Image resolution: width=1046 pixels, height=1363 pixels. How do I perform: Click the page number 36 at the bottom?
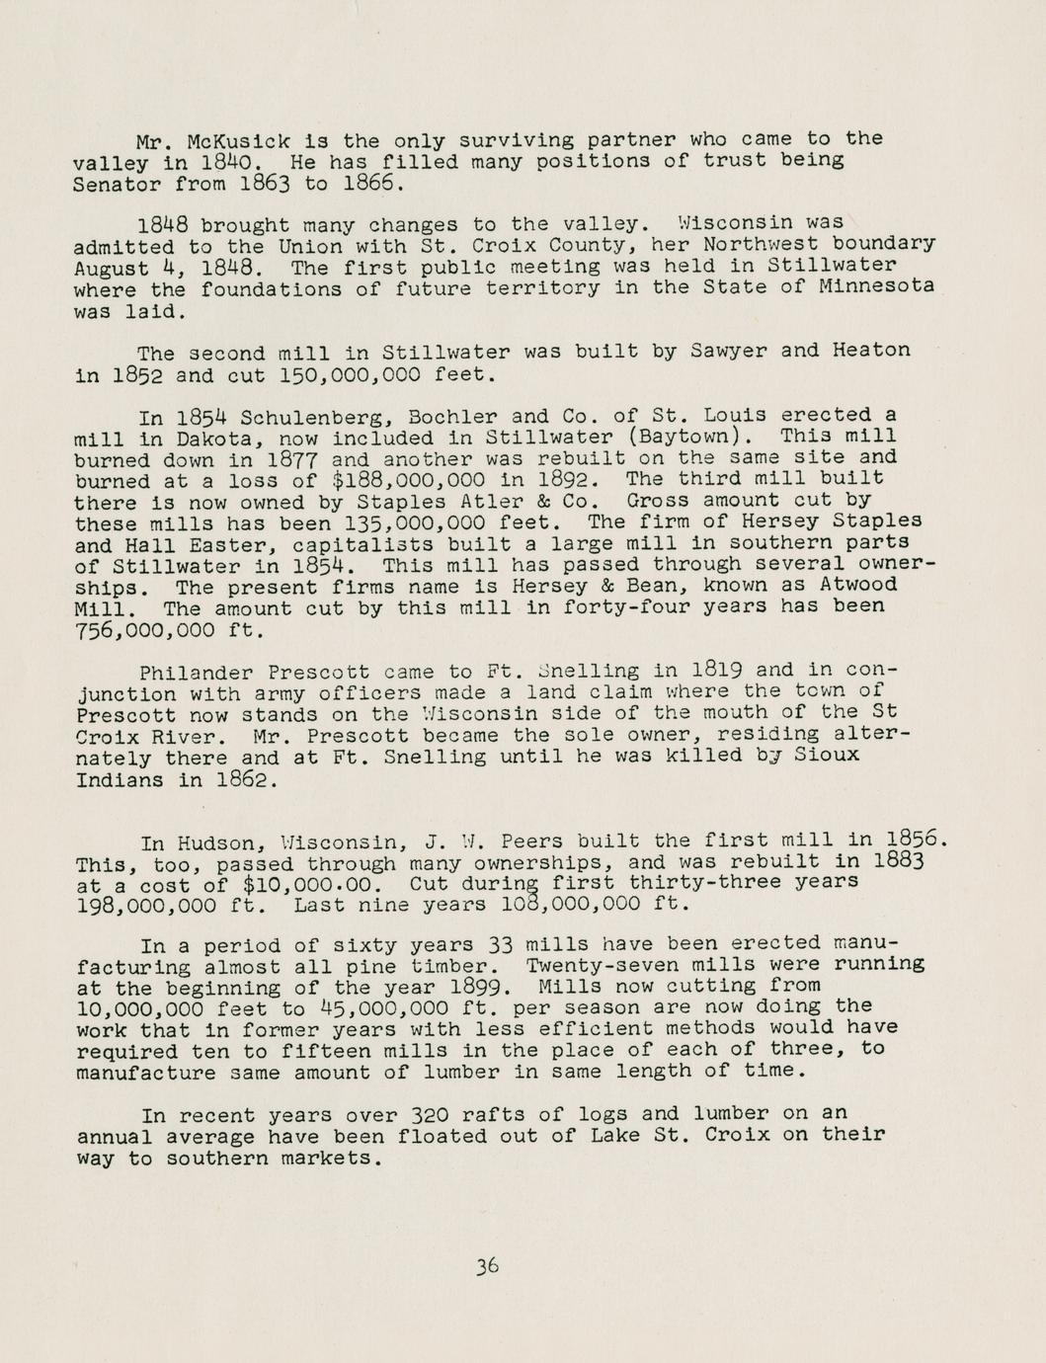(486, 1266)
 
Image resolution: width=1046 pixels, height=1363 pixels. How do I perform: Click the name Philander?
(192, 673)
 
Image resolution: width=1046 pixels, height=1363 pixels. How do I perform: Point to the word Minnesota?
(876, 287)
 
